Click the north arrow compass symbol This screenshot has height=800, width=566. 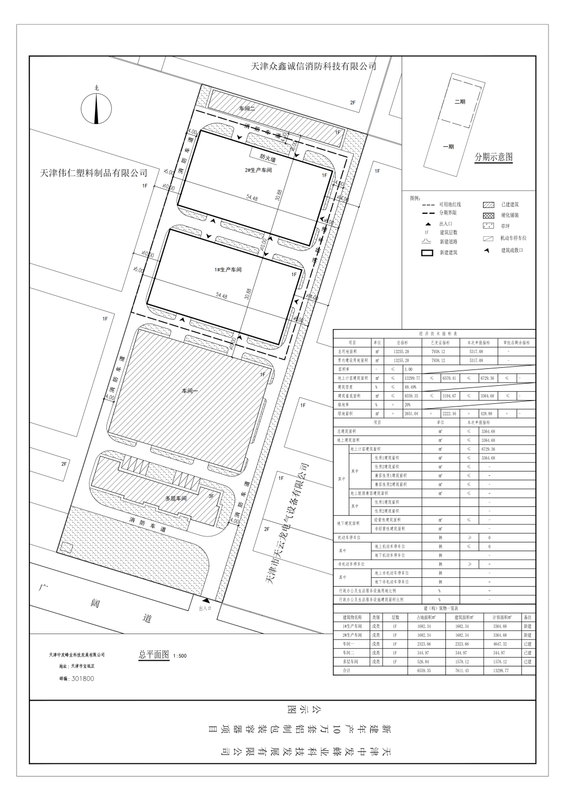click(97, 108)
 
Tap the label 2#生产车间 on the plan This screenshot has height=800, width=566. click(258, 170)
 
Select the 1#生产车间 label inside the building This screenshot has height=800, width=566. click(228, 270)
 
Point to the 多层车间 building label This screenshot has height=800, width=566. click(176, 498)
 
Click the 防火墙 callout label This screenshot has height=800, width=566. click(267, 157)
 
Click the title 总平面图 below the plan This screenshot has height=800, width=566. click(154, 654)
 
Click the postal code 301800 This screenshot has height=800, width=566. click(82, 678)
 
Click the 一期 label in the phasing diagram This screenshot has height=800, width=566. click(448, 146)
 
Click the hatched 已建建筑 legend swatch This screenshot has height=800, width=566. click(488, 205)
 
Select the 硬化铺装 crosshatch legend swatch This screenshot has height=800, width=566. click(488, 216)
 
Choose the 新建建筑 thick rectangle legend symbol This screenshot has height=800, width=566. click(426, 253)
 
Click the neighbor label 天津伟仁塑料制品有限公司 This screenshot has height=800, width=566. click(94, 173)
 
